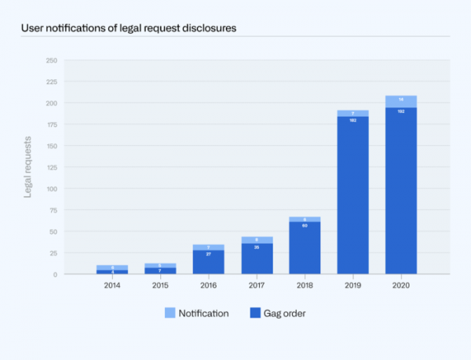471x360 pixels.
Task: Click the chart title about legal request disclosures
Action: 129,27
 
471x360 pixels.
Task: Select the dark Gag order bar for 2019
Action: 352,196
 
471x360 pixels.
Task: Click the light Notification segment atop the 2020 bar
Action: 401,100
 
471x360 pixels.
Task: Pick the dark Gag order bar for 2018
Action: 305,248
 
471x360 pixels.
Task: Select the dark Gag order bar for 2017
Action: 257,259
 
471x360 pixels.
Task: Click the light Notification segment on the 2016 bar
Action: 208,247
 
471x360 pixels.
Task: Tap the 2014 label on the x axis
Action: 112,285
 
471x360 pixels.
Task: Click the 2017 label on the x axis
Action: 257,285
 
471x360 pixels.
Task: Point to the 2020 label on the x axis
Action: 401,285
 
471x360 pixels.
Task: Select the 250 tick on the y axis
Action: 51,60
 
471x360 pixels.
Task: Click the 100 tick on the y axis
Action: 51,189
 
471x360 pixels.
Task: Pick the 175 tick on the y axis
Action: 51,125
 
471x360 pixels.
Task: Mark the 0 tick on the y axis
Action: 55,275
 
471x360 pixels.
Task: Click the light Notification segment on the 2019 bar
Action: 352,113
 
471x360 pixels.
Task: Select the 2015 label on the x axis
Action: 160,285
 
